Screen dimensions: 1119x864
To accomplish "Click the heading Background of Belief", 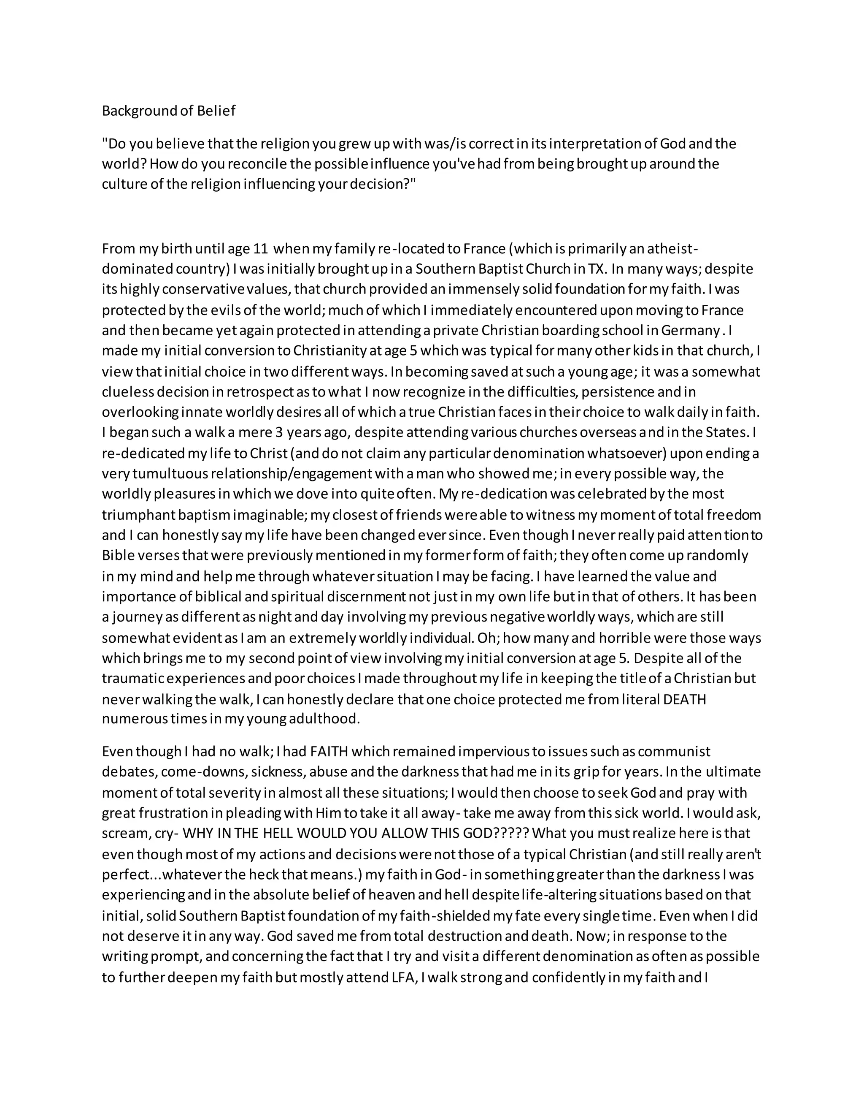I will [168, 111].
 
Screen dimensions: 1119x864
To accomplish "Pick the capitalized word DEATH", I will [684, 699].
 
